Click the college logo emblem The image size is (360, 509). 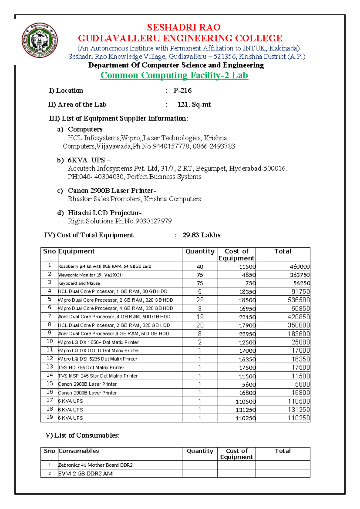pyautogui.click(x=40, y=41)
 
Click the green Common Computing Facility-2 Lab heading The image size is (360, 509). pyautogui.click(x=174, y=75)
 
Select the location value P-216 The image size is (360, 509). pyautogui.click(x=182, y=91)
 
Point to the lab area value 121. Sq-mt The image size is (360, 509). pyautogui.click(x=194, y=104)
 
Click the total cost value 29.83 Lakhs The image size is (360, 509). pyautogui.click(x=201, y=235)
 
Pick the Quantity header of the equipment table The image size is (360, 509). pyautogui.click(x=200, y=251)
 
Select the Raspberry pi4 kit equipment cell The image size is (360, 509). pyautogui.click(x=105, y=267)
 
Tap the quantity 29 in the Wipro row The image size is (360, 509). pyautogui.click(x=200, y=300)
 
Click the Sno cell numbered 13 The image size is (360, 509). pyautogui.click(x=49, y=367)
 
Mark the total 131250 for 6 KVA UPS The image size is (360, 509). pyautogui.click(x=299, y=410)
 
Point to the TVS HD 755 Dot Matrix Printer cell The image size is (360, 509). pyautogui.click(x=91, y=367)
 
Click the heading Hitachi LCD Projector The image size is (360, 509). pyautogui.click(x=104, y=213)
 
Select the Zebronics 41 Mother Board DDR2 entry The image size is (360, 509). pyautogui.click(x=95, y=465)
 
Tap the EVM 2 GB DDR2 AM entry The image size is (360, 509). pyautogui.click(x=85, y=474)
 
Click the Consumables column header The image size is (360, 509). pyautogui.click(x=79, y=451)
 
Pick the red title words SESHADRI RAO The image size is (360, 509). pyautogui.click(x=184, y=27)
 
